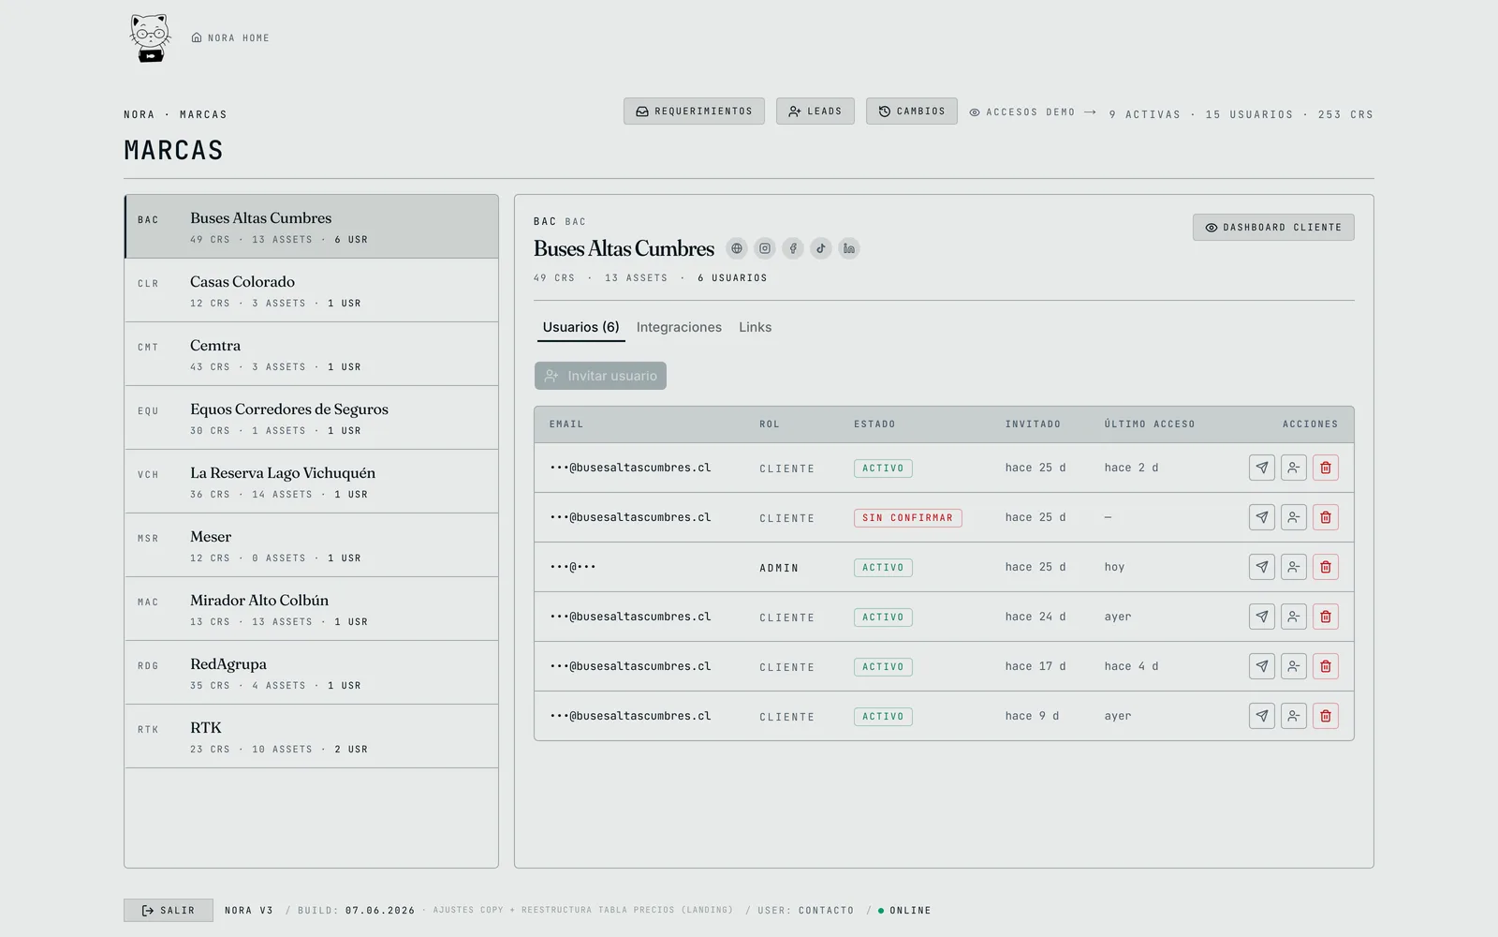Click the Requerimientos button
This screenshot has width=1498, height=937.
pyautogui.click(x=694, y=112)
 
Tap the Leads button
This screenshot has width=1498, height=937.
pyautogui.click(x=815, y=112)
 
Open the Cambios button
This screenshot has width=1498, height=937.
pyautogui.click(x=911, y=112)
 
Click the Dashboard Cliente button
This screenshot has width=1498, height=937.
pyautogui.click(x=1272, y=228)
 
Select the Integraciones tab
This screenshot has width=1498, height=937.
pyautogui.click(x=679, y=327)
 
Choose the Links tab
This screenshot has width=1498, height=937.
pyautogui.click(x=755, y=327)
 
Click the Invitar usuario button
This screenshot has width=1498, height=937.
pyautogui.click(x=600, y=376)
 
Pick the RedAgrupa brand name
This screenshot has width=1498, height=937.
pyautogui.click(x=228, y=664)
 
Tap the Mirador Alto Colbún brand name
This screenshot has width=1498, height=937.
pyautogui.click(x=258, y=601)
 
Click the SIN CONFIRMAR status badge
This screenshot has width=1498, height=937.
pyautogui.click(x=907, y=517)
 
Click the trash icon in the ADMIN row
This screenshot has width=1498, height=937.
pyautogui.click(x=1325, y=567)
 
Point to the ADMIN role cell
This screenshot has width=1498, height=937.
pyautogui.click(x=779, y=568)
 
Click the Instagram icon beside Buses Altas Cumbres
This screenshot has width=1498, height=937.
pyautogui.click(x=764, y=248)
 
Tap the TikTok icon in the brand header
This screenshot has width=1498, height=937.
pyautogui.click(x=820, y=248)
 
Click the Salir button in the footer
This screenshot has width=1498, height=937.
pyautogui.click(x=169, y=910)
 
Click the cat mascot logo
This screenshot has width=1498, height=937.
pyautogui.click(x=149, y=37)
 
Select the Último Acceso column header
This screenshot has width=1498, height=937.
pyautogui.click(x=1149, y=424)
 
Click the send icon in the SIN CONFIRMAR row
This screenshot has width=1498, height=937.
pyautogui.click(x=1261, y=517)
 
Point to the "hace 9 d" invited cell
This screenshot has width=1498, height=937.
pyautogui.click(x=1032, y=716)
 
